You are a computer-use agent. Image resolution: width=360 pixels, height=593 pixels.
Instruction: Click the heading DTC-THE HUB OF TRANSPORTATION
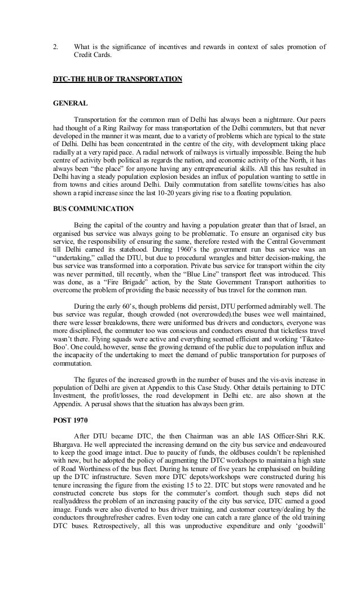pos(117,79)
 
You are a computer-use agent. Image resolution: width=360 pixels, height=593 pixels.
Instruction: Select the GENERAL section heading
pos(70,104)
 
